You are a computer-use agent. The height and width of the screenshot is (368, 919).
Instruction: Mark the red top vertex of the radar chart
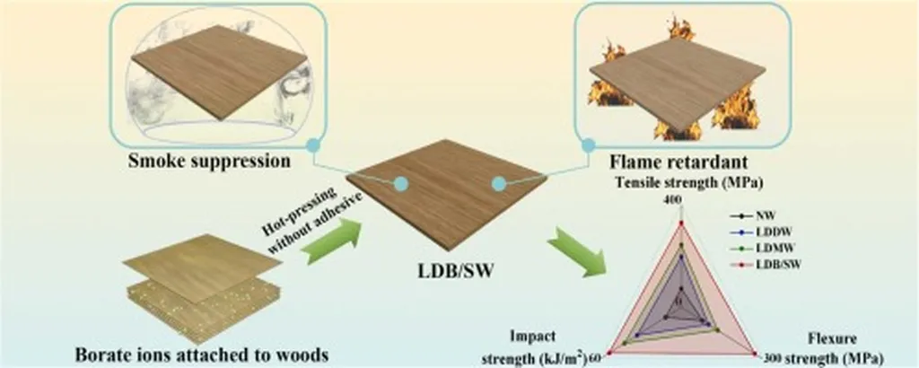click(x=681, y=220)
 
